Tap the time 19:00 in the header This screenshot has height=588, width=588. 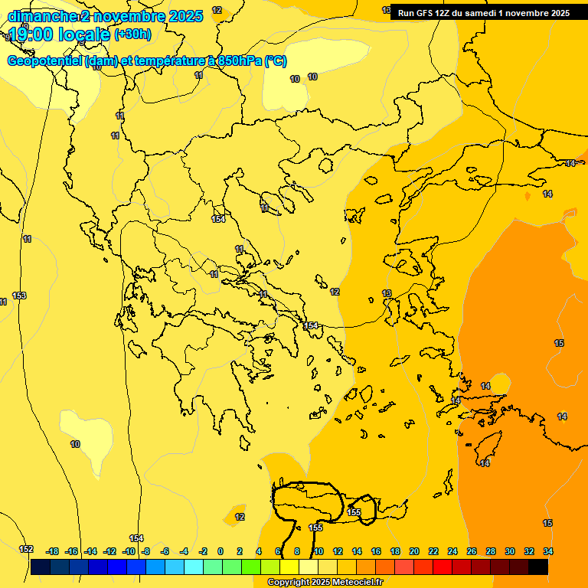tap(35, 34)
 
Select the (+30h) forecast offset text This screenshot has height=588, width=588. tap(132, 34)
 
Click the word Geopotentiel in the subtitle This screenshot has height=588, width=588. tap(44, 61)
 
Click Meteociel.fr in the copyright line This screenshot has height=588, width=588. tap(357, 583)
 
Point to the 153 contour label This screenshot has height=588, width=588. tap(19, 296)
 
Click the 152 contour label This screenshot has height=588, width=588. tap(26, 549)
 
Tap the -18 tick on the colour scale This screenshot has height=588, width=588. tap(53, 551)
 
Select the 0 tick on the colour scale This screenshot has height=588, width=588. tap(220, 551)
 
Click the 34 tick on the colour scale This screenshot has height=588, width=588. tap(548, 551)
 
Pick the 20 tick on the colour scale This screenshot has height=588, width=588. tap(414, 551)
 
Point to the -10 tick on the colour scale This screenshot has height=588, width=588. tap(129, 551)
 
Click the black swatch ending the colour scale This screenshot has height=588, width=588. tap(538, 567)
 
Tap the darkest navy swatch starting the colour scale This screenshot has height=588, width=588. tap(41, 567)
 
